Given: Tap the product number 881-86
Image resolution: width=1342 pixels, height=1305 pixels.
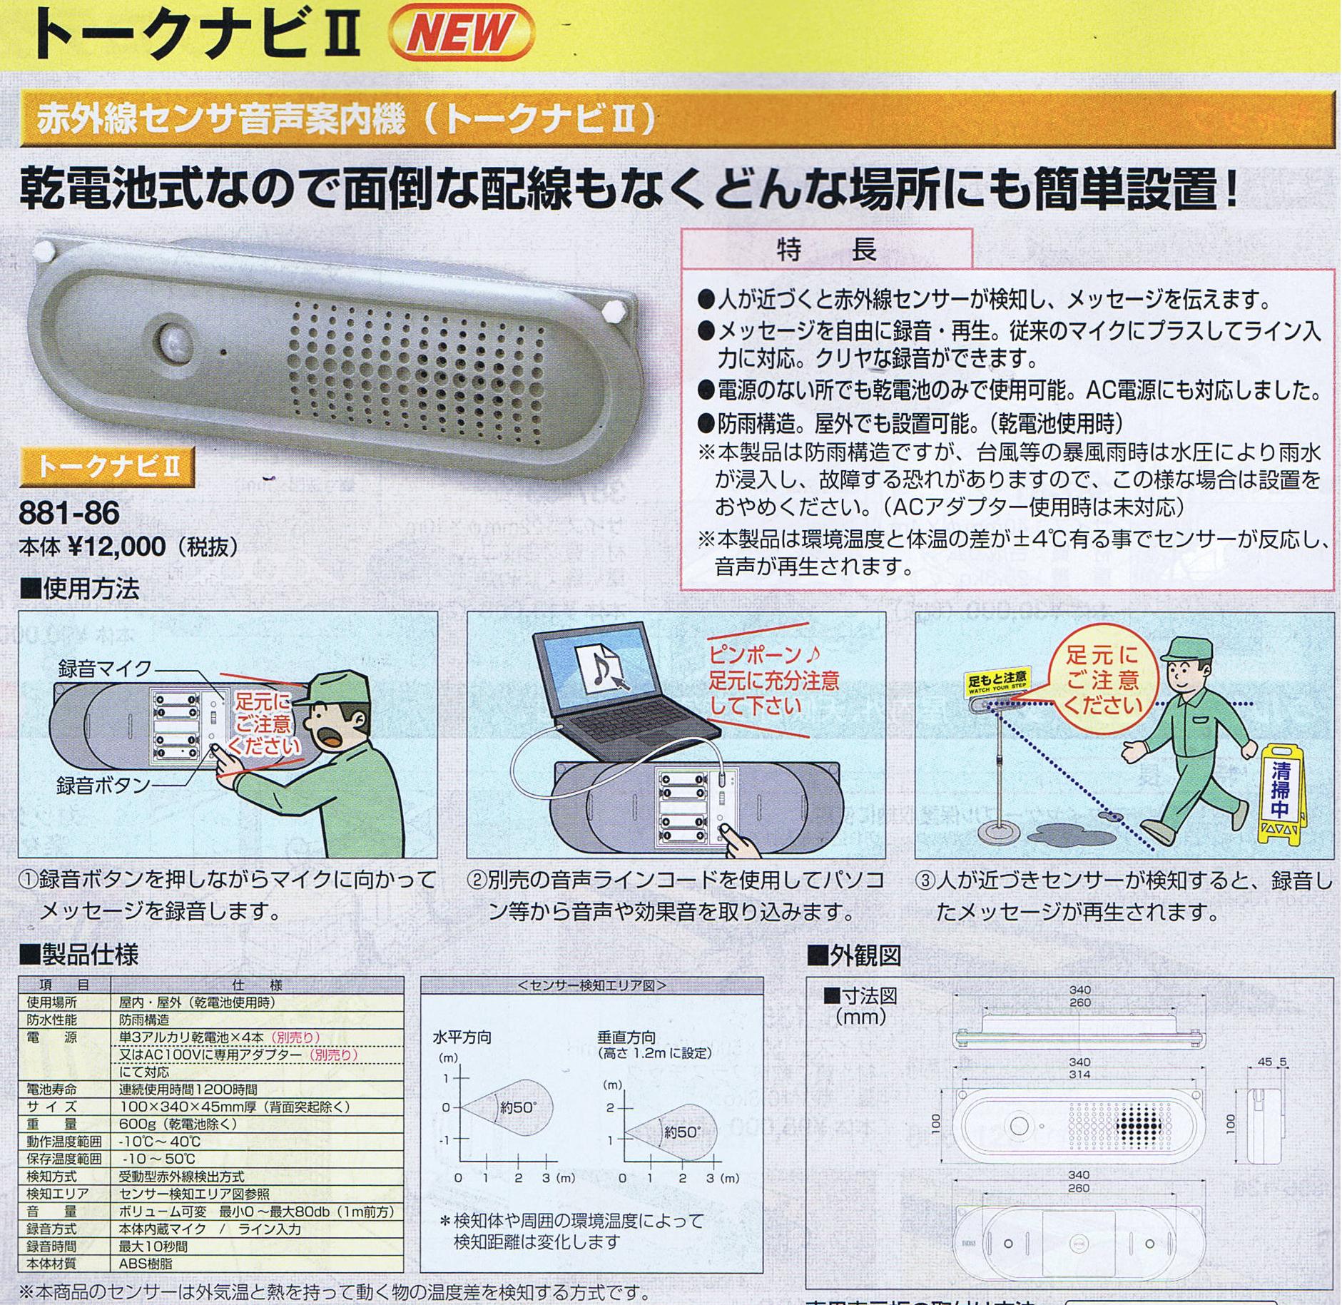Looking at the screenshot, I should tap(69, 512).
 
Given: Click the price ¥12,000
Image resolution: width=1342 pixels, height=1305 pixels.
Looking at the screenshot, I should tap(118, 547).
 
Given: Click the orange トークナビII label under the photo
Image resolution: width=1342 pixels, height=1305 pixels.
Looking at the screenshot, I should tap(107, 467).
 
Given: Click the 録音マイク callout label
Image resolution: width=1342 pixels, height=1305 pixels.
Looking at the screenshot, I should tap(104, 669).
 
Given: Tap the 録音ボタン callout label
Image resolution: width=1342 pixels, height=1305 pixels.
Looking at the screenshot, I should tap(103, 785).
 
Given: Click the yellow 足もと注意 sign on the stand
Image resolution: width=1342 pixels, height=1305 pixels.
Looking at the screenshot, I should tap(997, 683).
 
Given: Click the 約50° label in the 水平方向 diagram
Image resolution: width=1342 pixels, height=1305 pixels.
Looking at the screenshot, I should tap(518, 1108).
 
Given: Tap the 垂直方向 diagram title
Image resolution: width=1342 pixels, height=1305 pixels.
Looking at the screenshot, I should tap(626, 1037).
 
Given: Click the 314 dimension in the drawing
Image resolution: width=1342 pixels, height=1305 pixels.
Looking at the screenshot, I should tap(1079, 1075).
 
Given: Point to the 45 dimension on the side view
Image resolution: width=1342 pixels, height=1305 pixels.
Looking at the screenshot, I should tap(1264, 1062).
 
